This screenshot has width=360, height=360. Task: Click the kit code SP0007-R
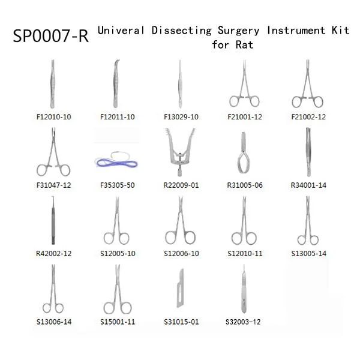50,36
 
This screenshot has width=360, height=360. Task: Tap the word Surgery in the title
239,31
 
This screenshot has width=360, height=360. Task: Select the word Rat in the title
245,44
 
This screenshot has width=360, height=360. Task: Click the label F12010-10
54,117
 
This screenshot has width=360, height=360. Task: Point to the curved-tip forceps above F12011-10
116,84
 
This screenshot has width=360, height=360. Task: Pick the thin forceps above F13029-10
180,84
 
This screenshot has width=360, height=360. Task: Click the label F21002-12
308,117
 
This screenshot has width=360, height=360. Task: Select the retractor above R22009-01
180,152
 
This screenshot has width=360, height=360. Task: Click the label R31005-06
245,185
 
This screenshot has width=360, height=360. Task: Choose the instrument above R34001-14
308,152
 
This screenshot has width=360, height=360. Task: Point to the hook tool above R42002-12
53,220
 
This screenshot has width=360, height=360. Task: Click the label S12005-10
118,253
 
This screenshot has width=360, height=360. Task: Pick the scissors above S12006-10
181,220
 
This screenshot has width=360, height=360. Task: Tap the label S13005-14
308,253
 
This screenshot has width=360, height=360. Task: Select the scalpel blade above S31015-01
180,288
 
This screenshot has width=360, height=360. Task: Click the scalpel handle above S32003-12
244,289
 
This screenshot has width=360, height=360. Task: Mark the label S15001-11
118,322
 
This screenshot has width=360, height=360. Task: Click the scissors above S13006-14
53,289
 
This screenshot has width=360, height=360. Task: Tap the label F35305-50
118,185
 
